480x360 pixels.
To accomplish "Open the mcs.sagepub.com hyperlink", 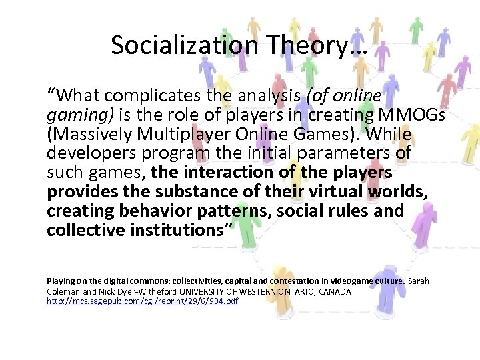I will point(143,301).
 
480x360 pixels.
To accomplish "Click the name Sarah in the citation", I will point(419,281).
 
